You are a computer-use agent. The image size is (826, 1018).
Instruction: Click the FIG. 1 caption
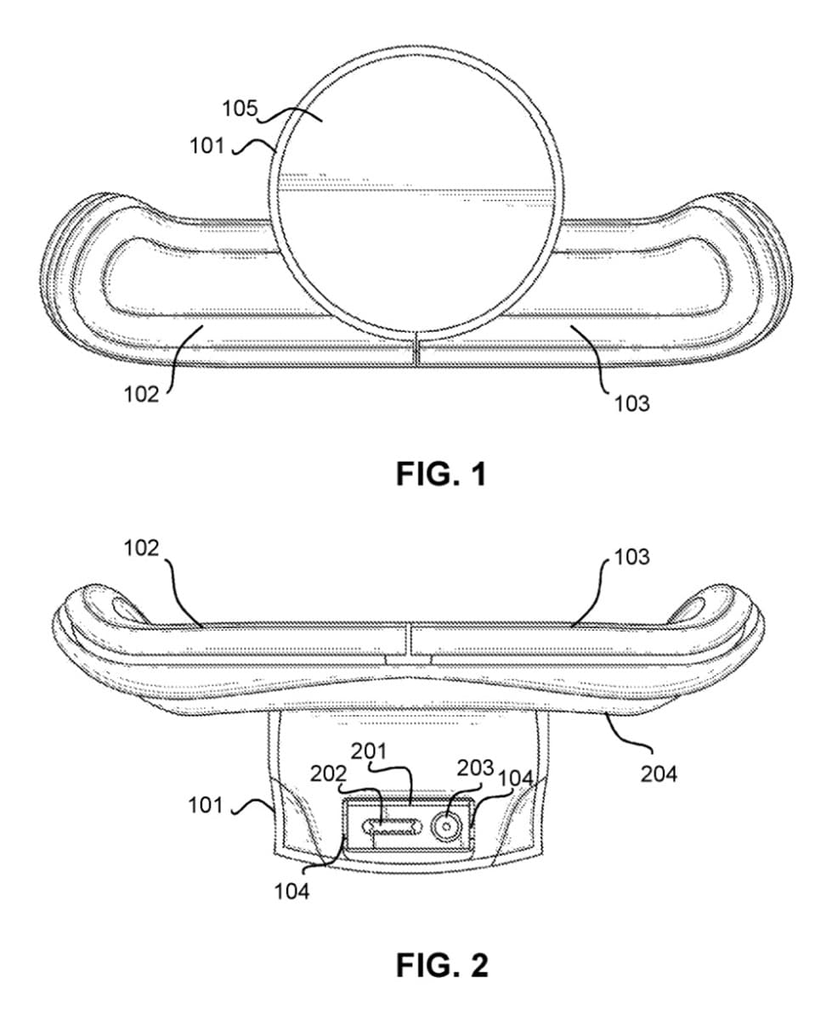pyautogui.click(x=441, y=475)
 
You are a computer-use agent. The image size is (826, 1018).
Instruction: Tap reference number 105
pyautogui.click(x=240, y=108)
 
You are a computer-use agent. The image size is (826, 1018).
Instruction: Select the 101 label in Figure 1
pyautogui.click(x=206, y=145)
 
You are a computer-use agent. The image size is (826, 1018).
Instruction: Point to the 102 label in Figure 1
pyautogui.click(x=142, y=393)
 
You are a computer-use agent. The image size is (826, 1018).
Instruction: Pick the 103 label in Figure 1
pyautogui.click(x=632, y=403)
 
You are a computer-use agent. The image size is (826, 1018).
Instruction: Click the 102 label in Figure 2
pyautogui.click(x=142, y=548)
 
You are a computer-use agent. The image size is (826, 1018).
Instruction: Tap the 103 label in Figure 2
pyautogui.click(x=631, y=556)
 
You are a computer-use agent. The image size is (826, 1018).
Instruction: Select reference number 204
pyautogui.click(x=659, y=773)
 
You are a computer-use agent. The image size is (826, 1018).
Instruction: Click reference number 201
pyautogui.click(x=369, y=751)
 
